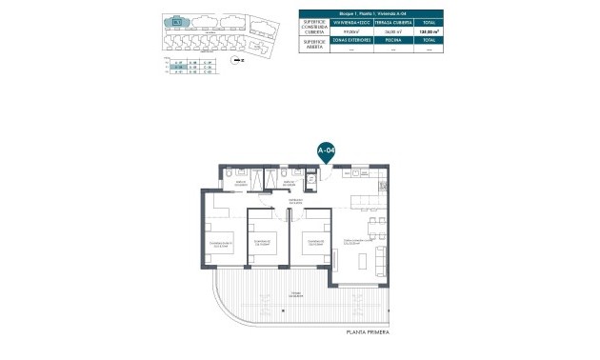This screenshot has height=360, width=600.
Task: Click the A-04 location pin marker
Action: point(326,150)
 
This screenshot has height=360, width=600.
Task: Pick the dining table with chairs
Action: point(378,227)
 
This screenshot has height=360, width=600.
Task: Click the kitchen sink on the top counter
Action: point(354,173)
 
